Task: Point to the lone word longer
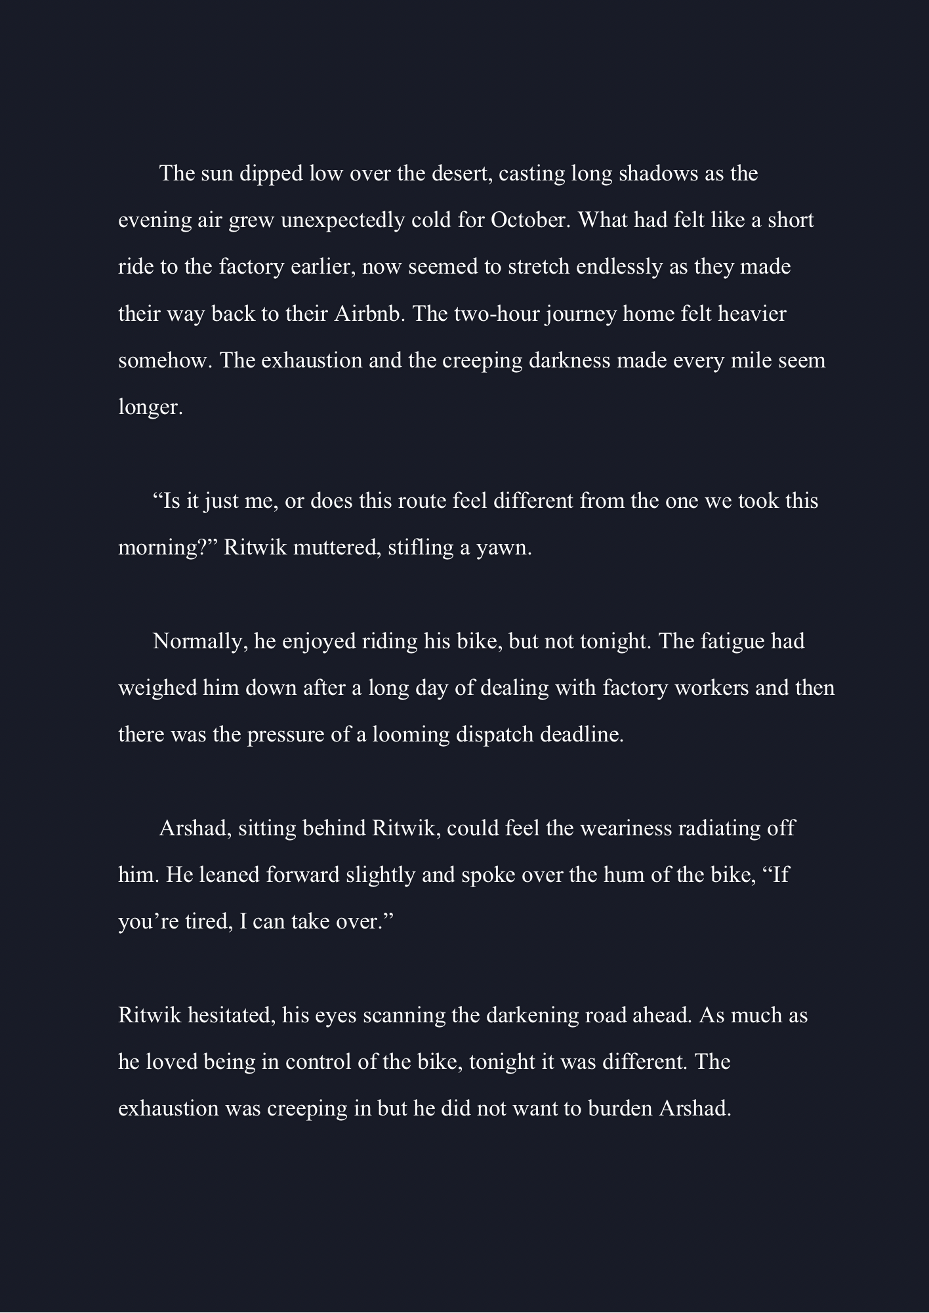[150, 407]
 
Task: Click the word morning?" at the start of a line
[167, 547]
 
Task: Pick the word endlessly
[619, 267]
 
